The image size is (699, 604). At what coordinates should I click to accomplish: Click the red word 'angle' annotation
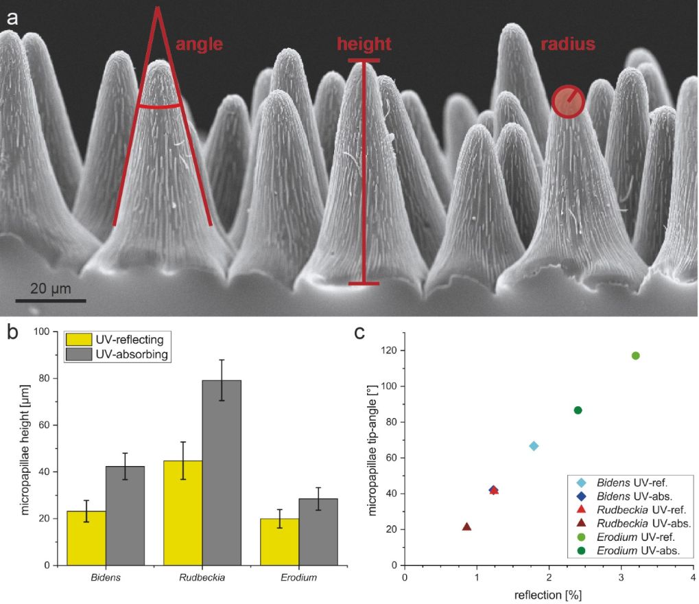200,45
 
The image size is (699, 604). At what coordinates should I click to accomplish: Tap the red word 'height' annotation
364,45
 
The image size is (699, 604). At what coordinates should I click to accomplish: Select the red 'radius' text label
567,45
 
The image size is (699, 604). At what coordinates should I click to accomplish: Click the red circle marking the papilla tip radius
569,102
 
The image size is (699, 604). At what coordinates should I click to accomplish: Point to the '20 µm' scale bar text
51,288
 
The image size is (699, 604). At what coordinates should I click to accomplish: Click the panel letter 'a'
12,17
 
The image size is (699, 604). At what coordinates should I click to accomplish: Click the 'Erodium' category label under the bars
298,578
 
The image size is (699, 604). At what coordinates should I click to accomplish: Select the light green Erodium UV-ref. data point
635,356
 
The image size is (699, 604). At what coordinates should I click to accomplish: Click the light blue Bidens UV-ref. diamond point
534,446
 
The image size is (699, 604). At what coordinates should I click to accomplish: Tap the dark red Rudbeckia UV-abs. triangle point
467,527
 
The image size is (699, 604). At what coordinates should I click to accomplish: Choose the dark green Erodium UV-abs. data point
578,410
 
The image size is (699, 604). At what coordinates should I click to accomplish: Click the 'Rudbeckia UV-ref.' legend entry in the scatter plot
632,509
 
